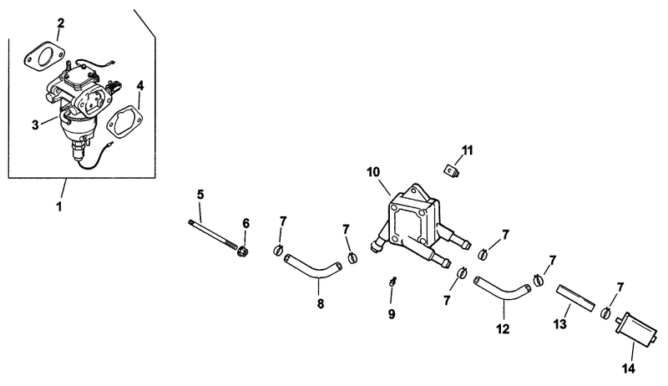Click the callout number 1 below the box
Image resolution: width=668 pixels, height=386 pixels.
(59, 206)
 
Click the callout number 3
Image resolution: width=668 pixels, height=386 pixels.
(35, 124)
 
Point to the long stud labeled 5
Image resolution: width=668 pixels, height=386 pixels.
(212, 233)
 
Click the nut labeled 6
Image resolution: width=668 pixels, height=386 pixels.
(243, 251)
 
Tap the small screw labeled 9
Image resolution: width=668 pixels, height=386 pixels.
(392, 282)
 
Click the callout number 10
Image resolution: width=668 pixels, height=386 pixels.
(373, 173)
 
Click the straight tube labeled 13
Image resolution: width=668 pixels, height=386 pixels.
(574, 297)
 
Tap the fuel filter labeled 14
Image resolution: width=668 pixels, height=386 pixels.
(634, 328)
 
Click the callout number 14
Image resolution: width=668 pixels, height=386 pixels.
(629, 368)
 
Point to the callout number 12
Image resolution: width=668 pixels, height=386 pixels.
(503, 329)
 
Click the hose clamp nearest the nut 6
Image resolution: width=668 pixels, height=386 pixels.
(278, 250)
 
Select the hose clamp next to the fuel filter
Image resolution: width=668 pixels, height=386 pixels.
(605, 313)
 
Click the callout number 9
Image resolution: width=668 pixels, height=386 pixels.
(392, 314)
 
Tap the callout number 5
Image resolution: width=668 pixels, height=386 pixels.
(200, 195)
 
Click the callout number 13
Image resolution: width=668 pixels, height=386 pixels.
(560, 324)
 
